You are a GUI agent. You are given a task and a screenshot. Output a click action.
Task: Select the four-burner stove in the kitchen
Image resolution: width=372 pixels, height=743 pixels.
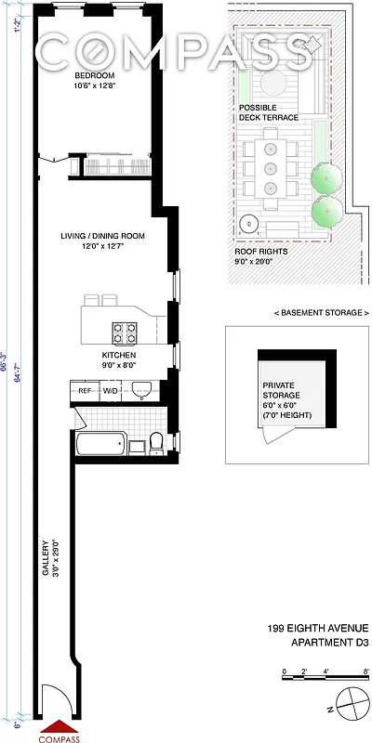point(125,331)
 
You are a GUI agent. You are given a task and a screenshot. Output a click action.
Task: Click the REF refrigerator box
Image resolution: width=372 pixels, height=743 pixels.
point(85,391)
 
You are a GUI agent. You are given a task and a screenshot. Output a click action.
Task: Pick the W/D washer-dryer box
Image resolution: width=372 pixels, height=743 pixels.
point(109,391)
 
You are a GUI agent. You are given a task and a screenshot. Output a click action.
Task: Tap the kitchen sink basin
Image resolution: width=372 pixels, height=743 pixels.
point(140,389)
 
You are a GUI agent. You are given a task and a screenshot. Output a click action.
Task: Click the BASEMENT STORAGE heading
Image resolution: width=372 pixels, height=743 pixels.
point(297,312)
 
